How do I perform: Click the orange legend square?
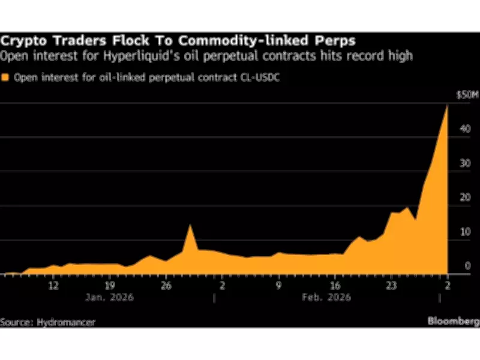tap(5, 77)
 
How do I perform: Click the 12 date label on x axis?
tap(53, 285)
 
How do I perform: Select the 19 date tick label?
tap(110, 285)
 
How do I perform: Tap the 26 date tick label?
tap(166, 285)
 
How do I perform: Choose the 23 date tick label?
tap(391, 285)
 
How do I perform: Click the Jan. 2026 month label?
tap(110, 297)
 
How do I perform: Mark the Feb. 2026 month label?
tap(327, 297)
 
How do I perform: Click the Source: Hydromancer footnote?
tap(48, 322)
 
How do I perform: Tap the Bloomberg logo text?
tap(453, 322)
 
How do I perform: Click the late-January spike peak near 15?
tap(190, 225)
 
